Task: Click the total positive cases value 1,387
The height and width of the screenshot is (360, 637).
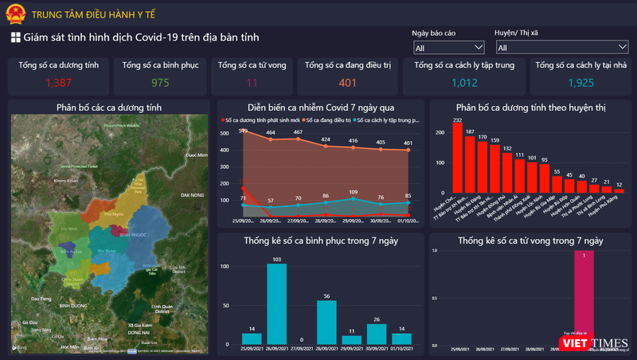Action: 57,82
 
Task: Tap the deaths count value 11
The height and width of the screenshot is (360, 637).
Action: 252,82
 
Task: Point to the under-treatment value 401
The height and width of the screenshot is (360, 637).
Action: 348,82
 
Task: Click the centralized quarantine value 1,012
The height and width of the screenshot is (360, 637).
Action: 464,82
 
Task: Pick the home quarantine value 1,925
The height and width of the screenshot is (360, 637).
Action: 581,82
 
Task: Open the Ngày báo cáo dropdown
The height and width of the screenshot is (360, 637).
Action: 448,48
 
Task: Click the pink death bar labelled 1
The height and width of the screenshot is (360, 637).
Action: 584,299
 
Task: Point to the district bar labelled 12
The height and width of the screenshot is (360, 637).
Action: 619,192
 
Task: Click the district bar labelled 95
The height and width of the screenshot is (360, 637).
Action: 544,178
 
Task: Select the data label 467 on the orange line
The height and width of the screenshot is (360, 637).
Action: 298,132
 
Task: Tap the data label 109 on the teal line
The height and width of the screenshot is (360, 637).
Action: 353,193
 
